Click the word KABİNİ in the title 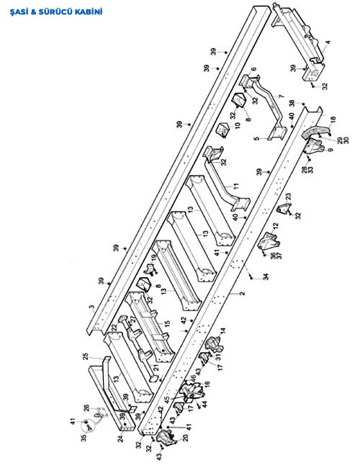89,12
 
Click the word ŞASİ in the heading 19,12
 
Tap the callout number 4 328,42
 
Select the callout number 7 281,96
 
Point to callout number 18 333,119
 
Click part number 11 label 236,186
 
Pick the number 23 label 288,197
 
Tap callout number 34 266,276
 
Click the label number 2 243,293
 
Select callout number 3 93,307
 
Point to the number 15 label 167,323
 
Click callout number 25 86,356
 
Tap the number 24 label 120,438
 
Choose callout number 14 223,330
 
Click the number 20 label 185,438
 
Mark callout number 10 238,125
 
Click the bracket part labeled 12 269,242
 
